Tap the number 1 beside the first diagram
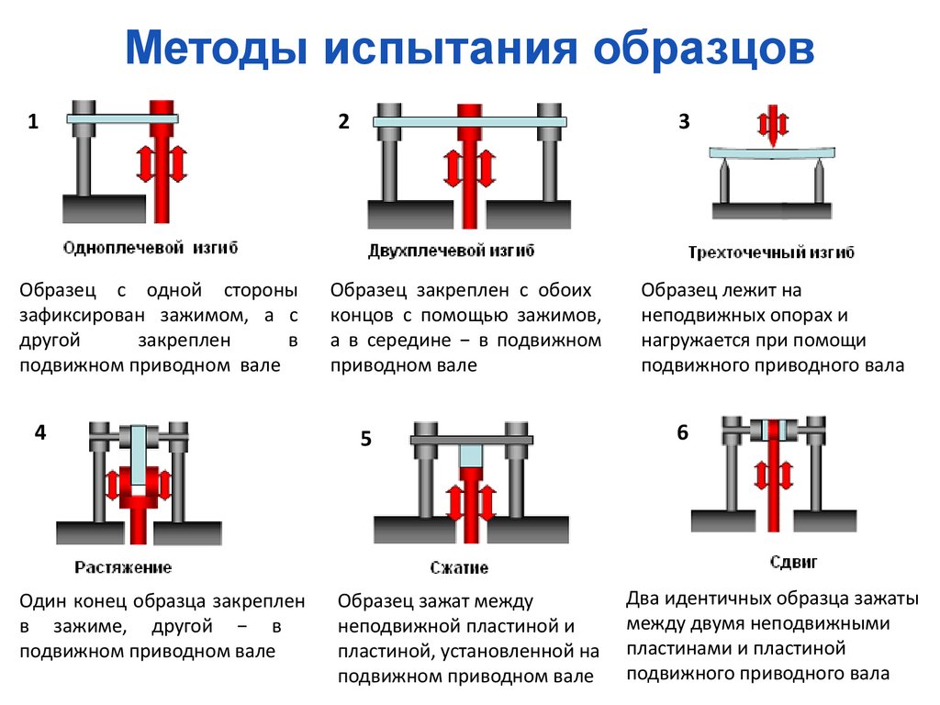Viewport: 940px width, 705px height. pyautogui.click(x=33, y=122)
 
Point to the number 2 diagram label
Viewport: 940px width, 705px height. pyautogui.click(x=343, y=122)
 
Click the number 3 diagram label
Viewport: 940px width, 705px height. pyautogui.click(x=683, y=122)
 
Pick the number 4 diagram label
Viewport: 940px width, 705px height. pyautogui.click(x=39, y=432)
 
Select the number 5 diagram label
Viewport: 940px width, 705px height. pyautogui.click(x=365, y=440)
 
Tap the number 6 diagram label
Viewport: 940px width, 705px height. pyautogui.click(x=682, y=432)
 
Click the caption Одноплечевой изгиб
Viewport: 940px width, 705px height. pyautogui.click(x=150, y=248)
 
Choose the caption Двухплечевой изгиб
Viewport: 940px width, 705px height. pyautogui.click(x=451, y=250)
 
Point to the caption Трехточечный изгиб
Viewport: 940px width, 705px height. pyautogui.click(x=771, y=252)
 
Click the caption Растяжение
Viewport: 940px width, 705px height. pyautogui.click(x=123, y=567)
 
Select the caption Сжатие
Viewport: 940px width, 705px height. pyautogui.click(x=459, y=567)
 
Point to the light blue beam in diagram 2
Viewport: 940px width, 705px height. pyautogui.click(x=470, y=121)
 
